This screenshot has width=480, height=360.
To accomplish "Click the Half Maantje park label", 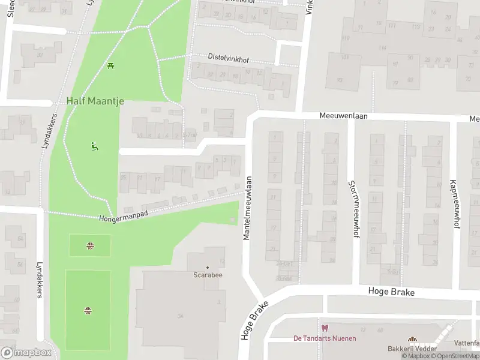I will point(95,101).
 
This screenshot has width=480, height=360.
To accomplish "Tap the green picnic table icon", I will point(110,65).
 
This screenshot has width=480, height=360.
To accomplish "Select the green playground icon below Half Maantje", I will point(94,146).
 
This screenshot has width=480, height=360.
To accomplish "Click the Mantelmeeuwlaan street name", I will point(247,208).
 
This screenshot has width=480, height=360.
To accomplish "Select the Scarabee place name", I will point(208,276).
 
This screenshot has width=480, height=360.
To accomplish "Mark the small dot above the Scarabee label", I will point(208,267).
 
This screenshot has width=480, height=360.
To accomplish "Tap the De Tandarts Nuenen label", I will point(324,338).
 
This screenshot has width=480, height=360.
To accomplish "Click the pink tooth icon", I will point(325,328).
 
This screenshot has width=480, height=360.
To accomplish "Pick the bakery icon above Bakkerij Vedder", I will point(412,340).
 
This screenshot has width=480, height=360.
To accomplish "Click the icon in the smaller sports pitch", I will point(89,245).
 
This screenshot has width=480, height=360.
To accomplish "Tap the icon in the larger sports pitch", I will point(88,310).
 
